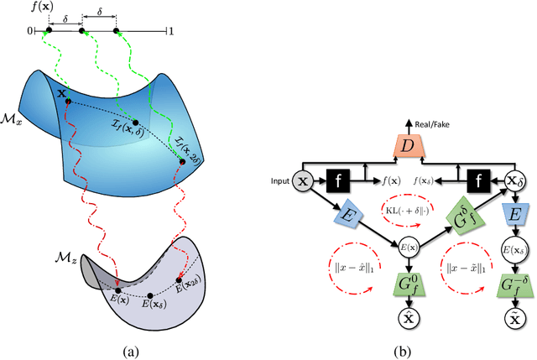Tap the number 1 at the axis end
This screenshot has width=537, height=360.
pos(172,33)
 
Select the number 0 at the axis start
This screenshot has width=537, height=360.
pos(29,33)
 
